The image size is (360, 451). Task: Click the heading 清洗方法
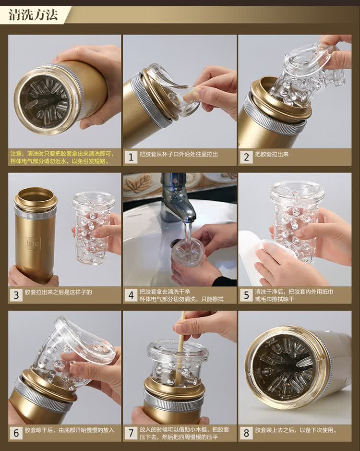pos(33,15)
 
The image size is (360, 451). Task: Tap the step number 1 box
pos(131,157)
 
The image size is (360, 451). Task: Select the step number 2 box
pos(246,157)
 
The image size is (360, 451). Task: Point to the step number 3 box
pos(16,295)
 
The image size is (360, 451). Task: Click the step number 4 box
pos(131,295)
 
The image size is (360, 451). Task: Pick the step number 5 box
pos(246,295)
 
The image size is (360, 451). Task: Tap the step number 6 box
pos(16,433)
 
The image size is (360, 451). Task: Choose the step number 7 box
pos(131,433)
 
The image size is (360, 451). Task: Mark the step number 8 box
pos(246,433)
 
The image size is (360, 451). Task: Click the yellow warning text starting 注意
pos(62,158)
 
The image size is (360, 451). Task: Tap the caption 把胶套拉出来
pos(271,154)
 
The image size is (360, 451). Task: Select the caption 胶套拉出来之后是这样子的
pos(59,292)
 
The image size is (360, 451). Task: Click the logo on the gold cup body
pos(33,243)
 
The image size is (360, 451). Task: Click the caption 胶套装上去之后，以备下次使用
pos(296,430)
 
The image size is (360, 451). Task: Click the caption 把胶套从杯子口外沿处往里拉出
pos(179,154)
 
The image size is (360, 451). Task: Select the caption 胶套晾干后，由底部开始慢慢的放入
pos(69,430)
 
